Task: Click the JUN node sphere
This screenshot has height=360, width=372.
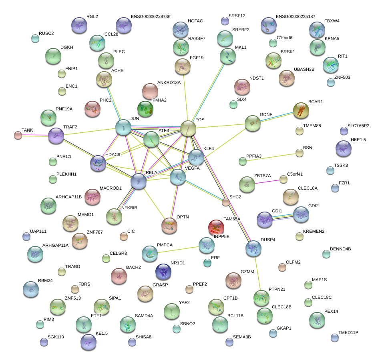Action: [x=123, y=127]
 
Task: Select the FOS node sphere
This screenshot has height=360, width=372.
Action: [x=188, y=128]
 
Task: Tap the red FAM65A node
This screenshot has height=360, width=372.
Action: [x=216, y=228]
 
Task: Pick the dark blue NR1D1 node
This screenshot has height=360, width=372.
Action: [x=163, y=272]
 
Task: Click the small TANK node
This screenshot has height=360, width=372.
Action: [x=18, y=135]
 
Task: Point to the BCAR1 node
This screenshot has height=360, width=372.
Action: [x=301, y=110]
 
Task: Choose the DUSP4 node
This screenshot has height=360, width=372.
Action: [x=253, y=248]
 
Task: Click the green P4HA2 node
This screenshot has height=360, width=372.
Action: [x=145, y=108]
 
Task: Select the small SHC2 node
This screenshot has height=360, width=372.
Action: [x=226, y=202]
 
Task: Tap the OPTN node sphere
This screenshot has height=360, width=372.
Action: [x=169, y=226]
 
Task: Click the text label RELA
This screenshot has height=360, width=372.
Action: [x=151, y=173]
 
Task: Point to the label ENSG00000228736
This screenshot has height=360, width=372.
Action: [x=151, y=16]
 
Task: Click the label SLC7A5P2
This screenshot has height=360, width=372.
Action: [x=358, y=126]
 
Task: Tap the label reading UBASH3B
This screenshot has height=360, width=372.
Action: [x=304, y=69]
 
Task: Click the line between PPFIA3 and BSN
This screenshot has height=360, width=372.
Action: [x=271, y=157]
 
